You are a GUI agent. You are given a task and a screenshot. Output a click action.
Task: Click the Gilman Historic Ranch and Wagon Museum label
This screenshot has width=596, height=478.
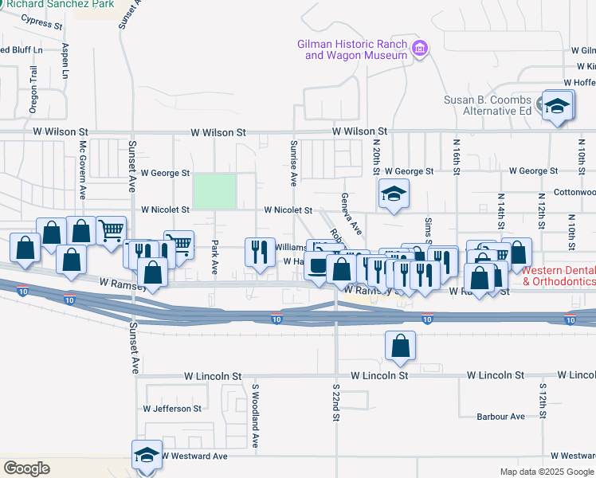tap(351, 49)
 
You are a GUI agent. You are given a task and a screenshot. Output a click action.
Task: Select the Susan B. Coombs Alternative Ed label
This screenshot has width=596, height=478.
tap(488, 105)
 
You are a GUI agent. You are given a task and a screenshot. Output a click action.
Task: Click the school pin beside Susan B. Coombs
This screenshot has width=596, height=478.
tap(558, 106)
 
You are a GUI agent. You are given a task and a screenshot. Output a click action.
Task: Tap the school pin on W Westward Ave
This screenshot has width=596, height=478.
tap(146, 456)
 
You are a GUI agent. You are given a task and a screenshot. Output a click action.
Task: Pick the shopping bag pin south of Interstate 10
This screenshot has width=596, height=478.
tap(401, 347)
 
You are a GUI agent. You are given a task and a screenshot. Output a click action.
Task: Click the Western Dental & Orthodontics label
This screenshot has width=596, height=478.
tap(559, 276)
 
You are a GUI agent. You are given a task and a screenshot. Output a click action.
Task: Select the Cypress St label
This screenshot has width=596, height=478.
tap(42, 25)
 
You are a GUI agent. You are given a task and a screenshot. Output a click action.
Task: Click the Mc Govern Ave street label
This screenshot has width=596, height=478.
tap(82, 170)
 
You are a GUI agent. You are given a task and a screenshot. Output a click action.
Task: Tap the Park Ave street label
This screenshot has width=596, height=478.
tap(214, 257)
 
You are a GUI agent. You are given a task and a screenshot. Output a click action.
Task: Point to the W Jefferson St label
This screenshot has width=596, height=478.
tap(172, 409)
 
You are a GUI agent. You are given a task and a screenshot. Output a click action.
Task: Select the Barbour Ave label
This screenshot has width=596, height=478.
tap(500, 417)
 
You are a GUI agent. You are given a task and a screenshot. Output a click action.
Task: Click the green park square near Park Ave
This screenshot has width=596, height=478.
tap(215, 192)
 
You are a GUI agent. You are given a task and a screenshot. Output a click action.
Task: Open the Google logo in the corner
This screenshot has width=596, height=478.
tap(26, 468)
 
